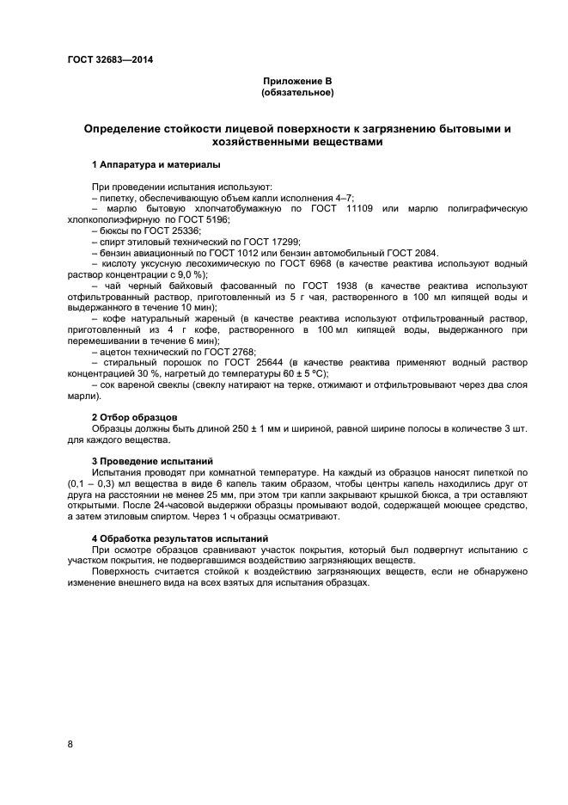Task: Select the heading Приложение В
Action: point(297,81)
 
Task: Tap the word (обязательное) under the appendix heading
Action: point(297,92)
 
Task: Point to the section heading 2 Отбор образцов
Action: point(134,416)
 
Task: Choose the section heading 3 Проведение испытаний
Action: point(151,462)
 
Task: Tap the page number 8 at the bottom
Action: point(70,744)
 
